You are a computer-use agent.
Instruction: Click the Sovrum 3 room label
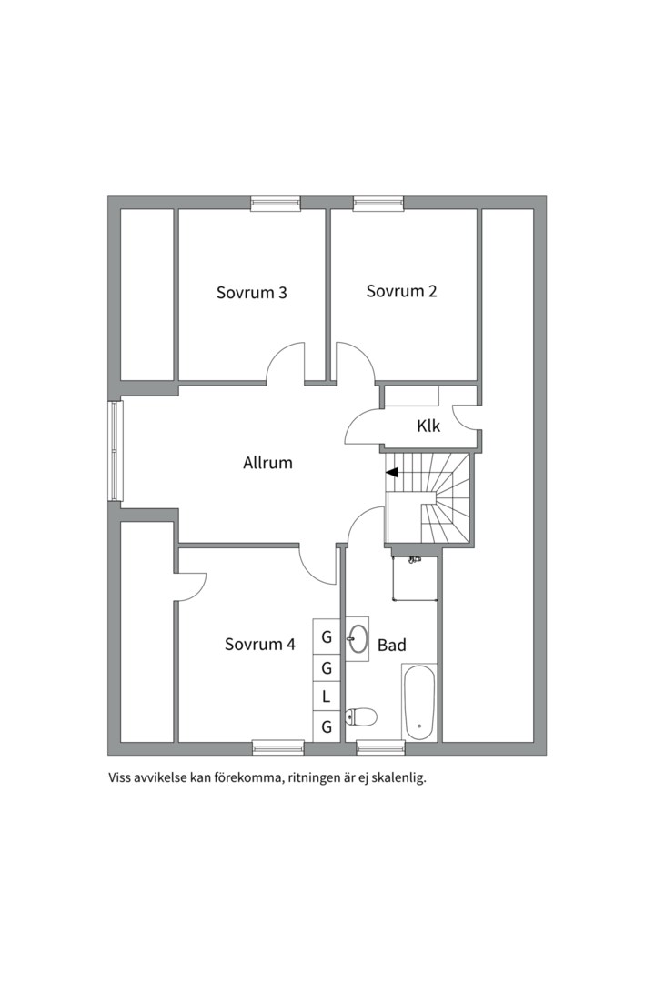(251, 293)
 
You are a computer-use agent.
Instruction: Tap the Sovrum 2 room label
(401, 291)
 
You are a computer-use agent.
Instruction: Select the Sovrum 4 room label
(259, 645)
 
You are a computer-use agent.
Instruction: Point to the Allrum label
(267, 464)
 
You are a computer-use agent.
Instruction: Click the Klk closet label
(428, 426)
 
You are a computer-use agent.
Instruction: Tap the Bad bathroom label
(392, 645)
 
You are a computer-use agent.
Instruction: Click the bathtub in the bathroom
(418, 703)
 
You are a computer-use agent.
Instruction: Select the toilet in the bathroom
(361, 716)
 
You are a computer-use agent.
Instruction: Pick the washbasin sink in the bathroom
(358, 639)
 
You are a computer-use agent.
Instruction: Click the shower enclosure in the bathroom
(414, 577)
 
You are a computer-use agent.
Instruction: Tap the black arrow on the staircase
(392, 473)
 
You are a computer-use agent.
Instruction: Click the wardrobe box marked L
(326, 697)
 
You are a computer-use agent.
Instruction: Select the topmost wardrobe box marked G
(326, 637)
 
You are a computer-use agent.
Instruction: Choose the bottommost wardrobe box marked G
(326, 726)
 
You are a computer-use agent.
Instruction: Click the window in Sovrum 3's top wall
(276, 202)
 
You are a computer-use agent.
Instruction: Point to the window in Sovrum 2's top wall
(378, 202)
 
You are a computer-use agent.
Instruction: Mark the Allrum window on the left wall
(114, 451)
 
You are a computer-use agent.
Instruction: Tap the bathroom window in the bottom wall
(381, 747)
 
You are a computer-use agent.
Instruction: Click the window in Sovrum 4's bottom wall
(278, 747)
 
